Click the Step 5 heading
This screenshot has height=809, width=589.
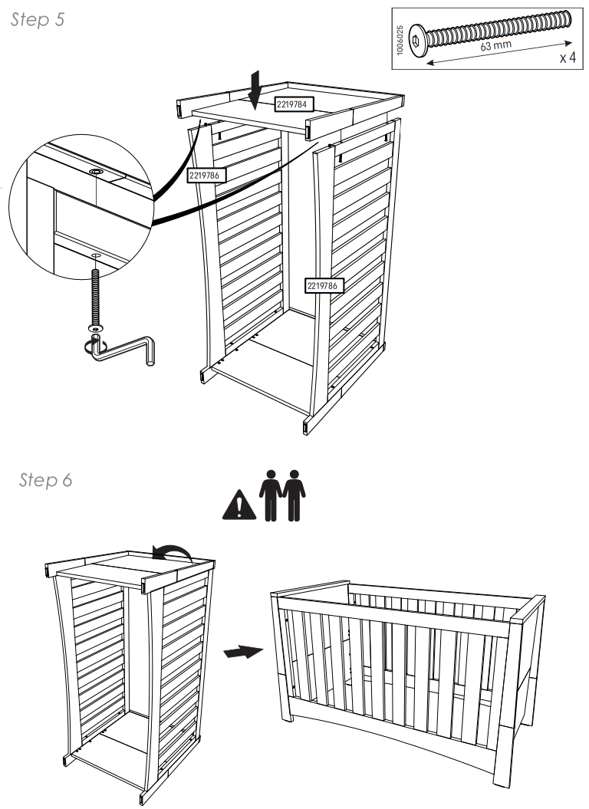pos(38,20)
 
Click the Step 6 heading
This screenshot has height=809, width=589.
pos(45,480)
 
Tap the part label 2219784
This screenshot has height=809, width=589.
pos(295,104)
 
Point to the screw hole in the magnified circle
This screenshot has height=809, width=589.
pos(97,172)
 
